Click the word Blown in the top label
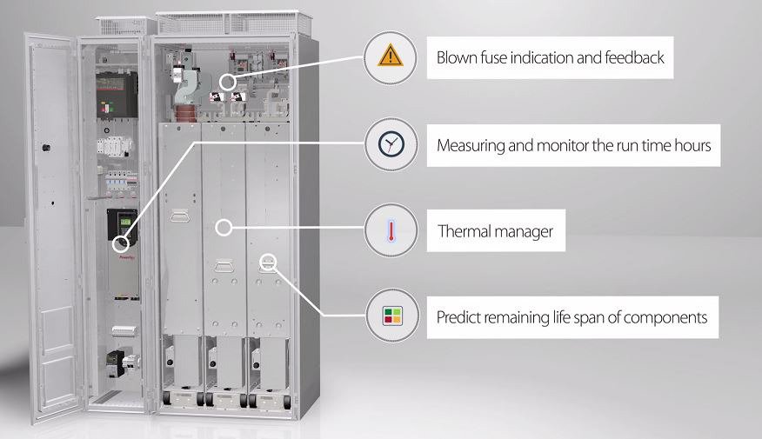pyautogui.click(x=458, y=58)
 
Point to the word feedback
pyautogui.click(x=635, y=58)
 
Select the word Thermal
pyautogui.click(x=465, y=232)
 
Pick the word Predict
pyautogui.click(x=460, y=317)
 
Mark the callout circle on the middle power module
pyautogui.click(x=224, y=229)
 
